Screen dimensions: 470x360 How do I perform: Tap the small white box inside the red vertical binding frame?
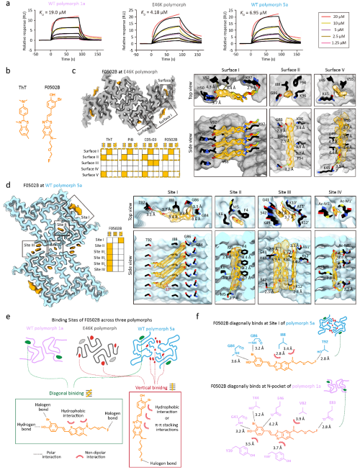[x=150, y=416]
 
